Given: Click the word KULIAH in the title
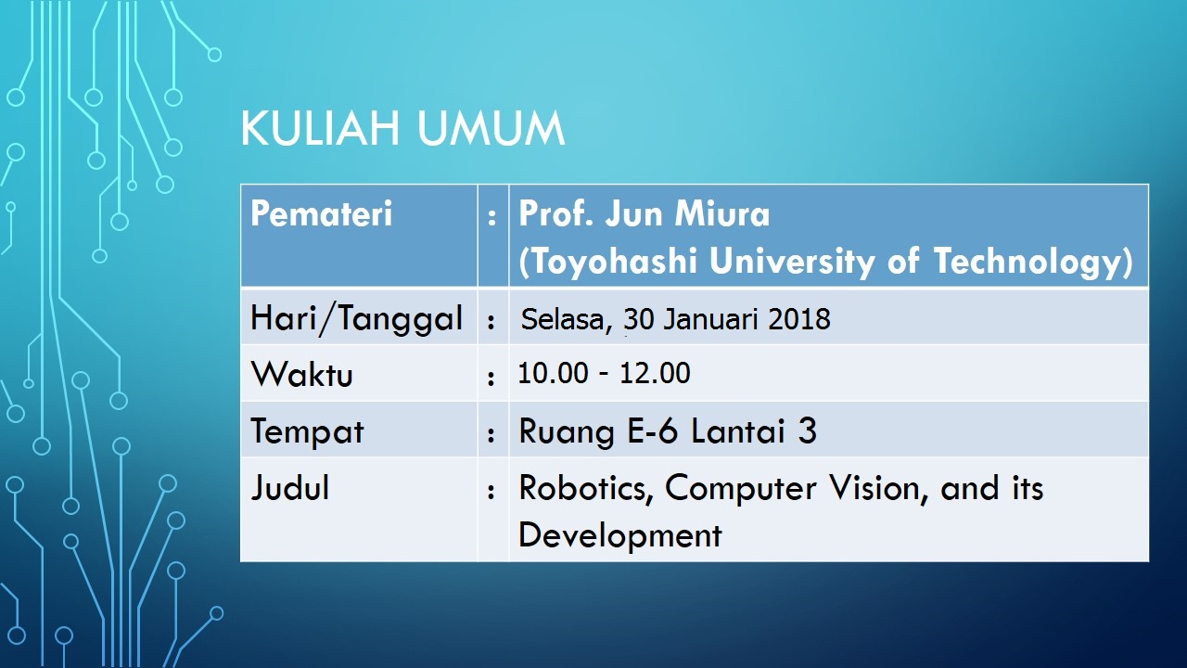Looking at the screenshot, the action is tap(320, 128).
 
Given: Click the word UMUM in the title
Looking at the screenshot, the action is tap(491, 128).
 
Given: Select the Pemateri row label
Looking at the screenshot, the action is tap(321, 213).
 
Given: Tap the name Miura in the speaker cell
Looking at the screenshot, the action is tap(721, 213).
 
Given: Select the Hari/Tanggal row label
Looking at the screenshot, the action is tap(357, 319).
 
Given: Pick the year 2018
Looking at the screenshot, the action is tap(799, 319).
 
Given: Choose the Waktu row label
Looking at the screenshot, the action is tap(301, 374).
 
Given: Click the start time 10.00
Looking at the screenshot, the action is tap(554, 372).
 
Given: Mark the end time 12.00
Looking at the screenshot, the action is tap(655, 372).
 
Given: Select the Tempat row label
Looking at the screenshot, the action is tap(307, 432).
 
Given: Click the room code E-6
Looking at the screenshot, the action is tap(652, 430).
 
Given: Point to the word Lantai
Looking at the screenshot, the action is tap(738, 430).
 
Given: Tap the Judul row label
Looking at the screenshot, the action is tap(290, 487).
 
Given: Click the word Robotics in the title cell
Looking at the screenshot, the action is tap(586, 488).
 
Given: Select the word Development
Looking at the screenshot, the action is tap(620, 535).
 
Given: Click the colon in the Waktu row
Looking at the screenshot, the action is tap(491, 378).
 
